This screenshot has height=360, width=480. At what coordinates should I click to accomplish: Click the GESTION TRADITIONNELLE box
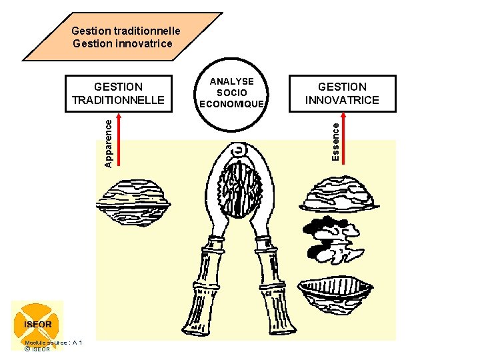pos(119,93)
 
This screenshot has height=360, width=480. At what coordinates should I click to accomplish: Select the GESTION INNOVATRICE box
pos(341,93)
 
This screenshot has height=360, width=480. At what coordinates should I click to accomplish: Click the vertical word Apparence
pos(109,141)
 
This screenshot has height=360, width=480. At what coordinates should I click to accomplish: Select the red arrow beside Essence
pos(347,137)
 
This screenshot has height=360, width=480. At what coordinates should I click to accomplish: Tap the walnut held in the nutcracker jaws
pos(239,188)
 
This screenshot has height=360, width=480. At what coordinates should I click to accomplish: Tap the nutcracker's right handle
pos(273,287)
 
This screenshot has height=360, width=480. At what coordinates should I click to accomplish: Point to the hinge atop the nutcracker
pos(238,151)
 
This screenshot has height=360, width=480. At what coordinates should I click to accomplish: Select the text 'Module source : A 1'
pos(53,342)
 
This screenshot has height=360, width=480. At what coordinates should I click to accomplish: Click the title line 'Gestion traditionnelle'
pos(125,31)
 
